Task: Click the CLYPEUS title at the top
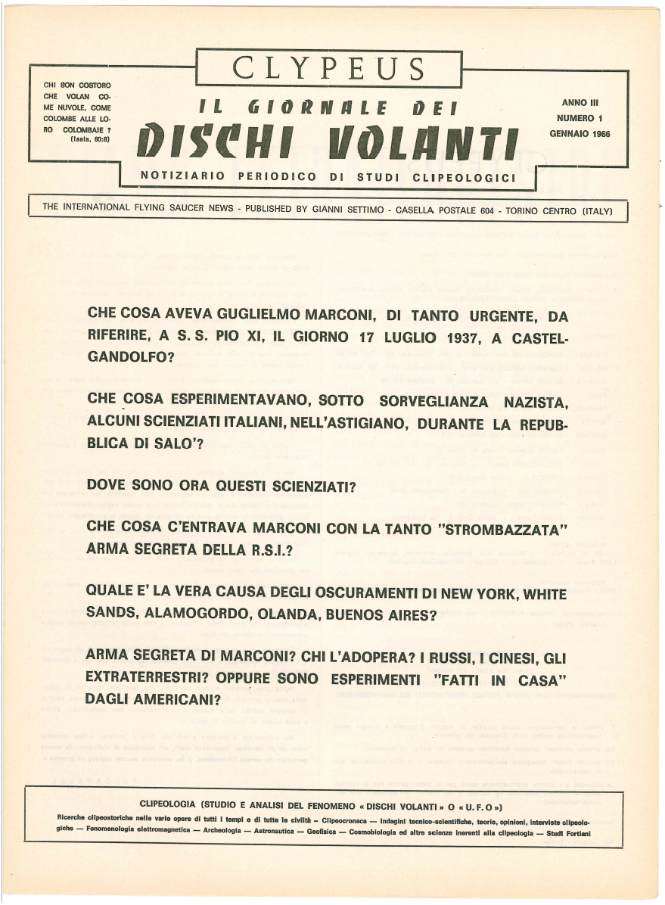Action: pos(328,69)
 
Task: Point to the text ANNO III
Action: pos(581,102)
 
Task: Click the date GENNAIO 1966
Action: pos(580,133)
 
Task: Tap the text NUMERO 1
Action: pos(580,118)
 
